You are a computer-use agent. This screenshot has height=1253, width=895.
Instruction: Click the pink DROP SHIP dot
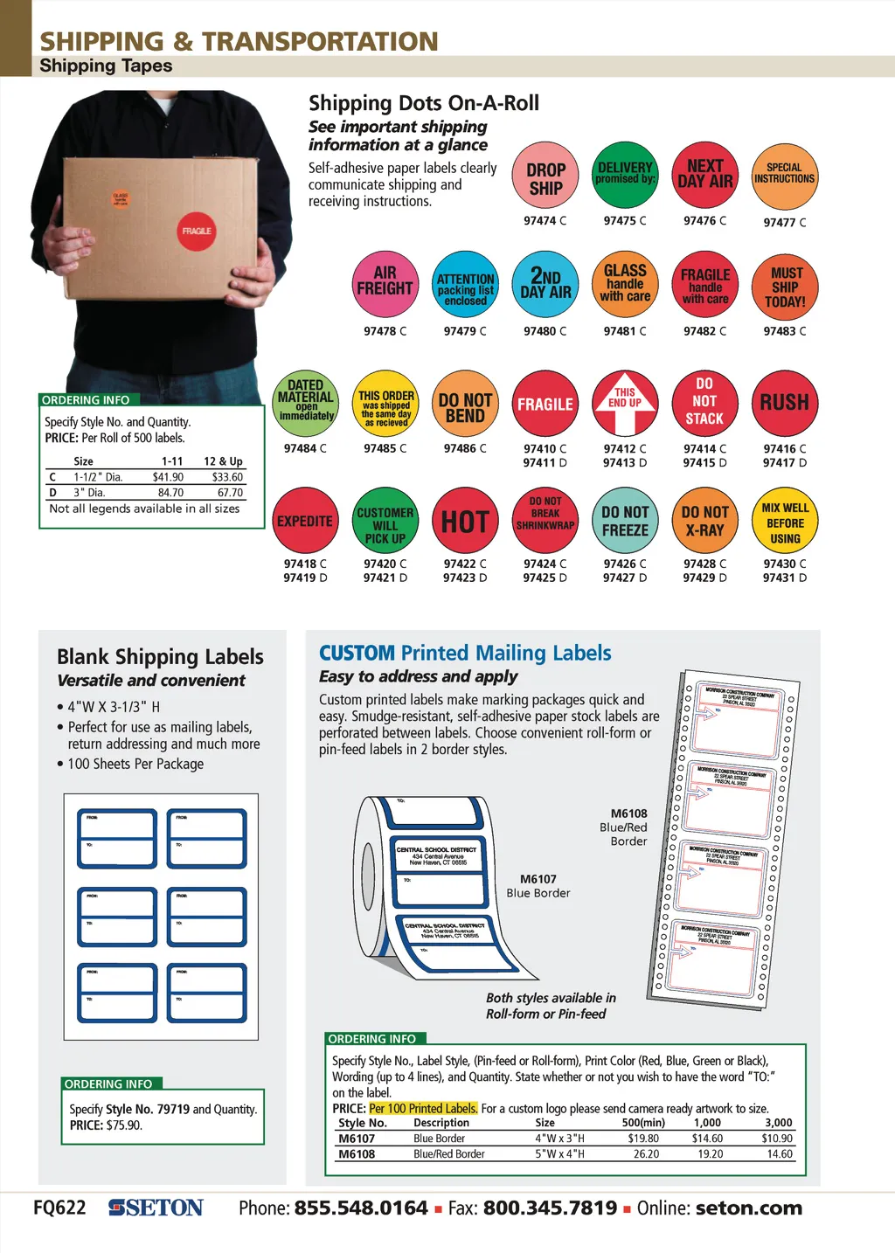(x=545, y=177)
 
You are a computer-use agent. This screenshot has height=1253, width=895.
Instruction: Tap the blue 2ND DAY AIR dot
(x=545, y=285)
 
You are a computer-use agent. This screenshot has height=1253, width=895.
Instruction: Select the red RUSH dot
(x=784, y=403)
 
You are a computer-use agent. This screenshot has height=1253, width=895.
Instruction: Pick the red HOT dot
(x=465, y=522)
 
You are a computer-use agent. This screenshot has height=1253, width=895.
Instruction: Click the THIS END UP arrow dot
(x=625, y=403)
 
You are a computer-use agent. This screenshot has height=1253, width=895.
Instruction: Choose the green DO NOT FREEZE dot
(x=625, y=522)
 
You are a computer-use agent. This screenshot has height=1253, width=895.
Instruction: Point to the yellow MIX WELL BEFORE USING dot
(x=785, y=522)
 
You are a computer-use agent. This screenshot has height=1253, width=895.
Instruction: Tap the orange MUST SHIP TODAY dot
(x=785, y=287)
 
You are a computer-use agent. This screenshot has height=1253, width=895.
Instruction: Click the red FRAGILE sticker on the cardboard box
(x=197, y=232)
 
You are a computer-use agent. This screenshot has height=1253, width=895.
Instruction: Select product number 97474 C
(x=545, y=221)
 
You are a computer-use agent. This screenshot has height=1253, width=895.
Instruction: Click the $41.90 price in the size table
(x=168, y=477)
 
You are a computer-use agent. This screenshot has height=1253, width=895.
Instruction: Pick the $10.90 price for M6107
(x=776, y=1139)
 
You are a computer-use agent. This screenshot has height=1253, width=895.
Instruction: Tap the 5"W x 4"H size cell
(x=559, y=1154)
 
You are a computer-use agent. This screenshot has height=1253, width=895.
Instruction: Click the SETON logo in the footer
(x=156, y=1208)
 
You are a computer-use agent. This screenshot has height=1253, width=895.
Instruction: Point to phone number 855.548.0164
(x=361, y=1208)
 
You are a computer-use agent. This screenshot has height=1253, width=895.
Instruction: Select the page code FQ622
(x=59, y=1208)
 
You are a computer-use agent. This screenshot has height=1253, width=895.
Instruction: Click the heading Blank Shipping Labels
(x=160, y=657)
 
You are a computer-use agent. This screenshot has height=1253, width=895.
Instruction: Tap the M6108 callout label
(x=628, y=813)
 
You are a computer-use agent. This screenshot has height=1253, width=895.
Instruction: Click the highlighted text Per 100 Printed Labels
(x=423, y=1108)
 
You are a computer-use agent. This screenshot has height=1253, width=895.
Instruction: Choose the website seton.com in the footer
(x=748, y=1208)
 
